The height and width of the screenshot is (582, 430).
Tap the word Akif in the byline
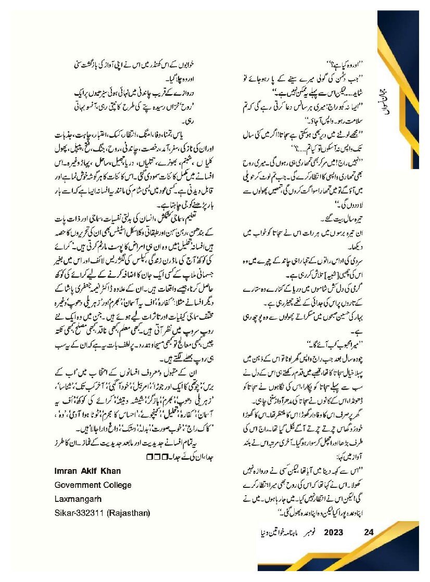tap(94, 471)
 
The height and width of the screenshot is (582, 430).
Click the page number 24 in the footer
tap(369, 532)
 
